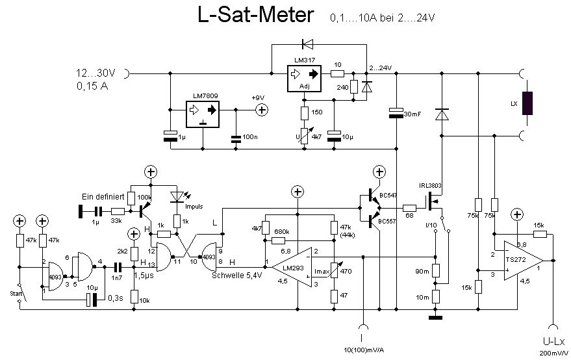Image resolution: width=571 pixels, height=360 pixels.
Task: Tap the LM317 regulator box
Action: click(303, 77)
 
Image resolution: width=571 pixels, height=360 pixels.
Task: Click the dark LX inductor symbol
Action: click(527, 103)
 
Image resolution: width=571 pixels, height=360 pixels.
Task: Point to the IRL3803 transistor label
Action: click(430, 186)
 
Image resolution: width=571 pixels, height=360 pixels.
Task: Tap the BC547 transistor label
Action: click(388, 195)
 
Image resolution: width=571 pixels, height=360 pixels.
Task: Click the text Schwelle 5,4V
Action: click(236, 275)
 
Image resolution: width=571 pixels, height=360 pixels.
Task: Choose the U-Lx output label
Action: click(553, 342)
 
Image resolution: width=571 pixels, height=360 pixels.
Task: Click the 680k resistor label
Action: click(281, 231)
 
